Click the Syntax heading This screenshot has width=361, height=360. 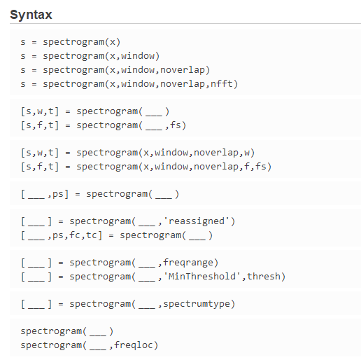(31, 15)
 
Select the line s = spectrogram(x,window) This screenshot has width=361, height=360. (90, 55)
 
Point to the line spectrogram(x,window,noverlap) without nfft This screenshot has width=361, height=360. (115, 70)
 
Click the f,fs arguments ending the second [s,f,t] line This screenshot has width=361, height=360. (255, 167)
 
